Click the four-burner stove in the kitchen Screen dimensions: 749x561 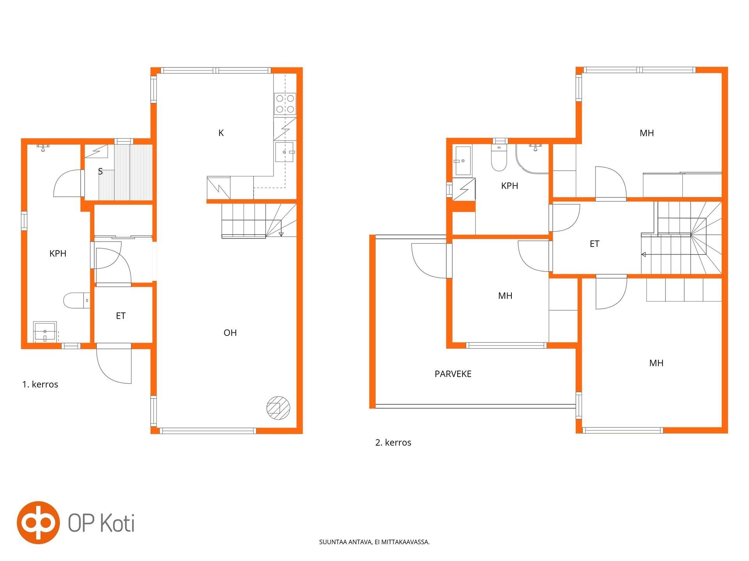[285, 104]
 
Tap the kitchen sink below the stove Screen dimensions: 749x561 [284, 152]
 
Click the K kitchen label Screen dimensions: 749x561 [221, 133]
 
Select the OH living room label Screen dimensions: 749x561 [230, 333]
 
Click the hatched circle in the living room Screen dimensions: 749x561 [279, 408]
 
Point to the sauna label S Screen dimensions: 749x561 [100, 171]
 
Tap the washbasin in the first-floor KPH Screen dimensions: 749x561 [45, 332]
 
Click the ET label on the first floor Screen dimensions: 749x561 [121, 316]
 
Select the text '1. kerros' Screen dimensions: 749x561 [40, 385]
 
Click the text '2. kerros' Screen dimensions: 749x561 [393, 443]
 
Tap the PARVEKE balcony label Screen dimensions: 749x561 [453, 374]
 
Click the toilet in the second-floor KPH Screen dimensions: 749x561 [499, 158]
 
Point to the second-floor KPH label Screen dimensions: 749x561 [509, 186]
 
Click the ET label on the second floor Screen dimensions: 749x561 [595, 244]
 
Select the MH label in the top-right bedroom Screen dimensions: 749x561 [647, 133]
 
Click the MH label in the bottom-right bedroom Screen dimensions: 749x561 [656, 363]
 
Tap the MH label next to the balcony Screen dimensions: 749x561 [505, 296]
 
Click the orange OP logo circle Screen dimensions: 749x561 [38, 523]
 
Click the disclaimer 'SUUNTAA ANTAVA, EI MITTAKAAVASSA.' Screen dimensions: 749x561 [374, 542]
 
